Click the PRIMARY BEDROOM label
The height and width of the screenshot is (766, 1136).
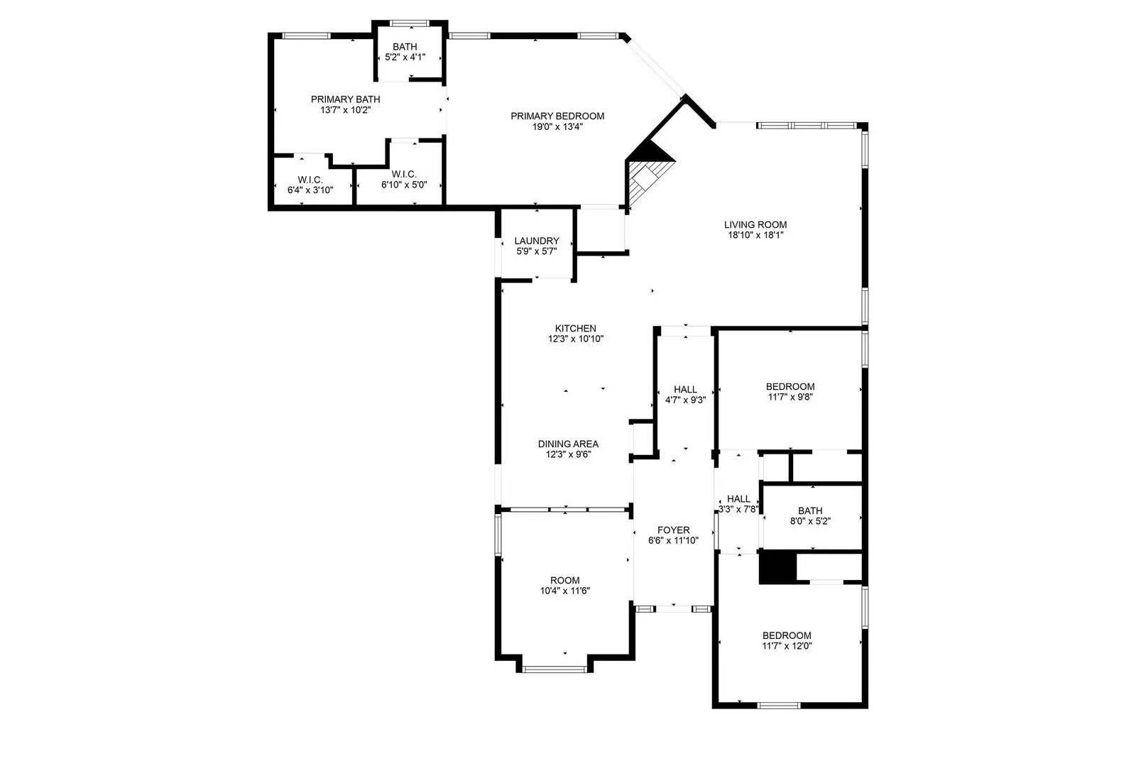coord(557,116)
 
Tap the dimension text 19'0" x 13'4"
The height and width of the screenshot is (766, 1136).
coord(557,127)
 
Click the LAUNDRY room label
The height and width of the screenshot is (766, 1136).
coord(537,241)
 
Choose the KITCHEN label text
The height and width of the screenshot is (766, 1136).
coord(575,328)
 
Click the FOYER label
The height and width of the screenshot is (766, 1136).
coord(673,530)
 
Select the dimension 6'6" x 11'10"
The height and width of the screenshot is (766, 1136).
coord(673,540)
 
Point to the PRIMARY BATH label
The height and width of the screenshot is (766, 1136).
coord(345,99)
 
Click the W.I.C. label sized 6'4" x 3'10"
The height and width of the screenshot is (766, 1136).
coord(310,180)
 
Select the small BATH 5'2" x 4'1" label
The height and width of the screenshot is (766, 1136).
coord(405,47)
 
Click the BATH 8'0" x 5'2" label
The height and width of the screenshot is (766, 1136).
coord(810,510)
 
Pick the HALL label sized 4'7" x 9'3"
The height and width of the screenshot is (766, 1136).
coord(685,389)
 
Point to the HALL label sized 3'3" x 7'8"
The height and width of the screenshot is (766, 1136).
coord(738,498)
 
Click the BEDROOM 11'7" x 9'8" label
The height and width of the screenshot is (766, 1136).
coord(790,387)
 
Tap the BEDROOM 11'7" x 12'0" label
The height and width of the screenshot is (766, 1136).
coord(787,635)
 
